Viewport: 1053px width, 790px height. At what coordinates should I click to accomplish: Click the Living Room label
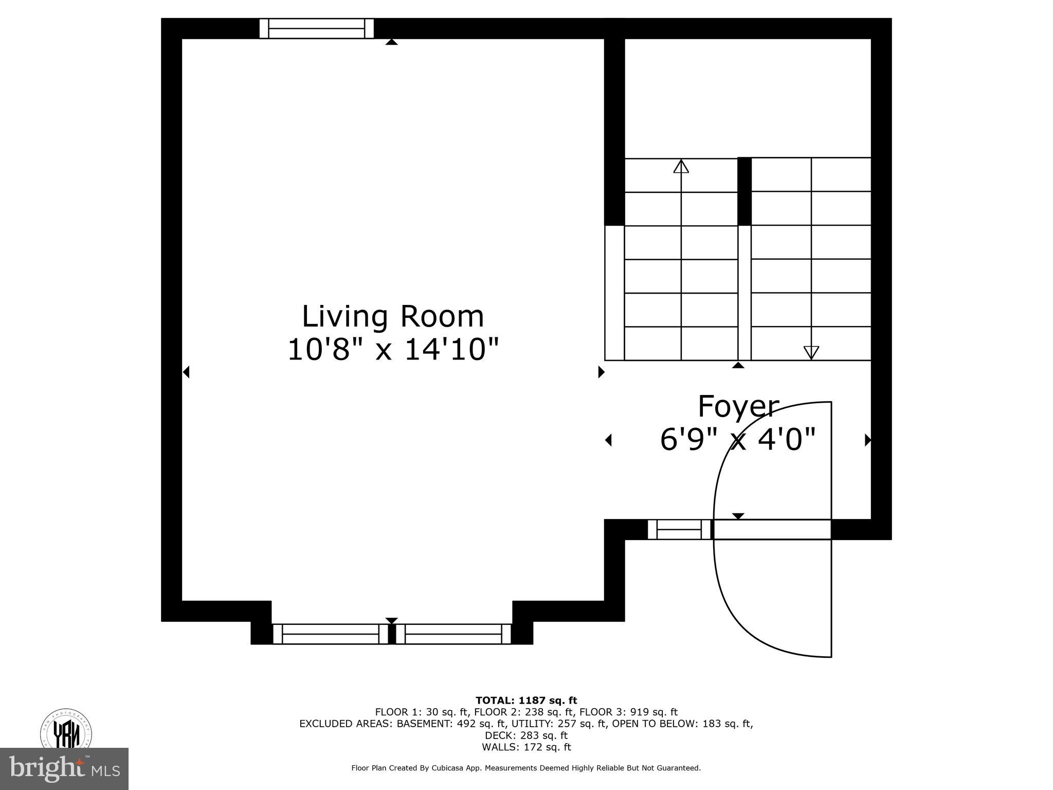click(x=393, y=316)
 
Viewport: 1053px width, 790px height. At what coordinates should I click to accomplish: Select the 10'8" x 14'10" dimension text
click(x=393, y=350)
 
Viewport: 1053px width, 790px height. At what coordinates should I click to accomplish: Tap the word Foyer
click(x=738, y=406)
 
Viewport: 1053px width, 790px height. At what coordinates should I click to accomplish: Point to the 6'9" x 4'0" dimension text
click(x=738, y=440)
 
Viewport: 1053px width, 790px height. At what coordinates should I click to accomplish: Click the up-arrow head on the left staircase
click(x=681, y=166)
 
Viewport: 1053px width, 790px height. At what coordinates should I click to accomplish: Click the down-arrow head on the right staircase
click(x=811, y=352)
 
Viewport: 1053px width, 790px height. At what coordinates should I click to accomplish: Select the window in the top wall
click(x=316, y=28)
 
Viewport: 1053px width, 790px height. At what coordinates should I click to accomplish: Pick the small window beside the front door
click(x=679, y=529)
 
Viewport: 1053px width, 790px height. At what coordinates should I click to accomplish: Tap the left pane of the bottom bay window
click(x=331, y=634)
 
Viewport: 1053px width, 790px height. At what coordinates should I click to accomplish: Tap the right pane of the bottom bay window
click(x=453, y=634)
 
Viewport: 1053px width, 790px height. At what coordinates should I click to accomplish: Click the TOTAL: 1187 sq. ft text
click(x=526, y=700)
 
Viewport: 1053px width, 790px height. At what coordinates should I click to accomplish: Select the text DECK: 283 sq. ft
click(x=526, y=735)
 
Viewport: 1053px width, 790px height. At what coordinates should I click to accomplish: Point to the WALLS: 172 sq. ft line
click(x=526, y=747)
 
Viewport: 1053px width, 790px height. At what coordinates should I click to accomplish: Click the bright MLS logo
click(x=64, y=769)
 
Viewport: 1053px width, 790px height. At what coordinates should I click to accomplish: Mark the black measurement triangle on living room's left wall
click(x=186, y=372)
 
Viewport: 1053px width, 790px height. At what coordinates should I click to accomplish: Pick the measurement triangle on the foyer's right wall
click(x=867, y=440)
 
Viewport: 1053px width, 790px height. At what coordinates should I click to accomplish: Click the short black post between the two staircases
click(x=744, y=191)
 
